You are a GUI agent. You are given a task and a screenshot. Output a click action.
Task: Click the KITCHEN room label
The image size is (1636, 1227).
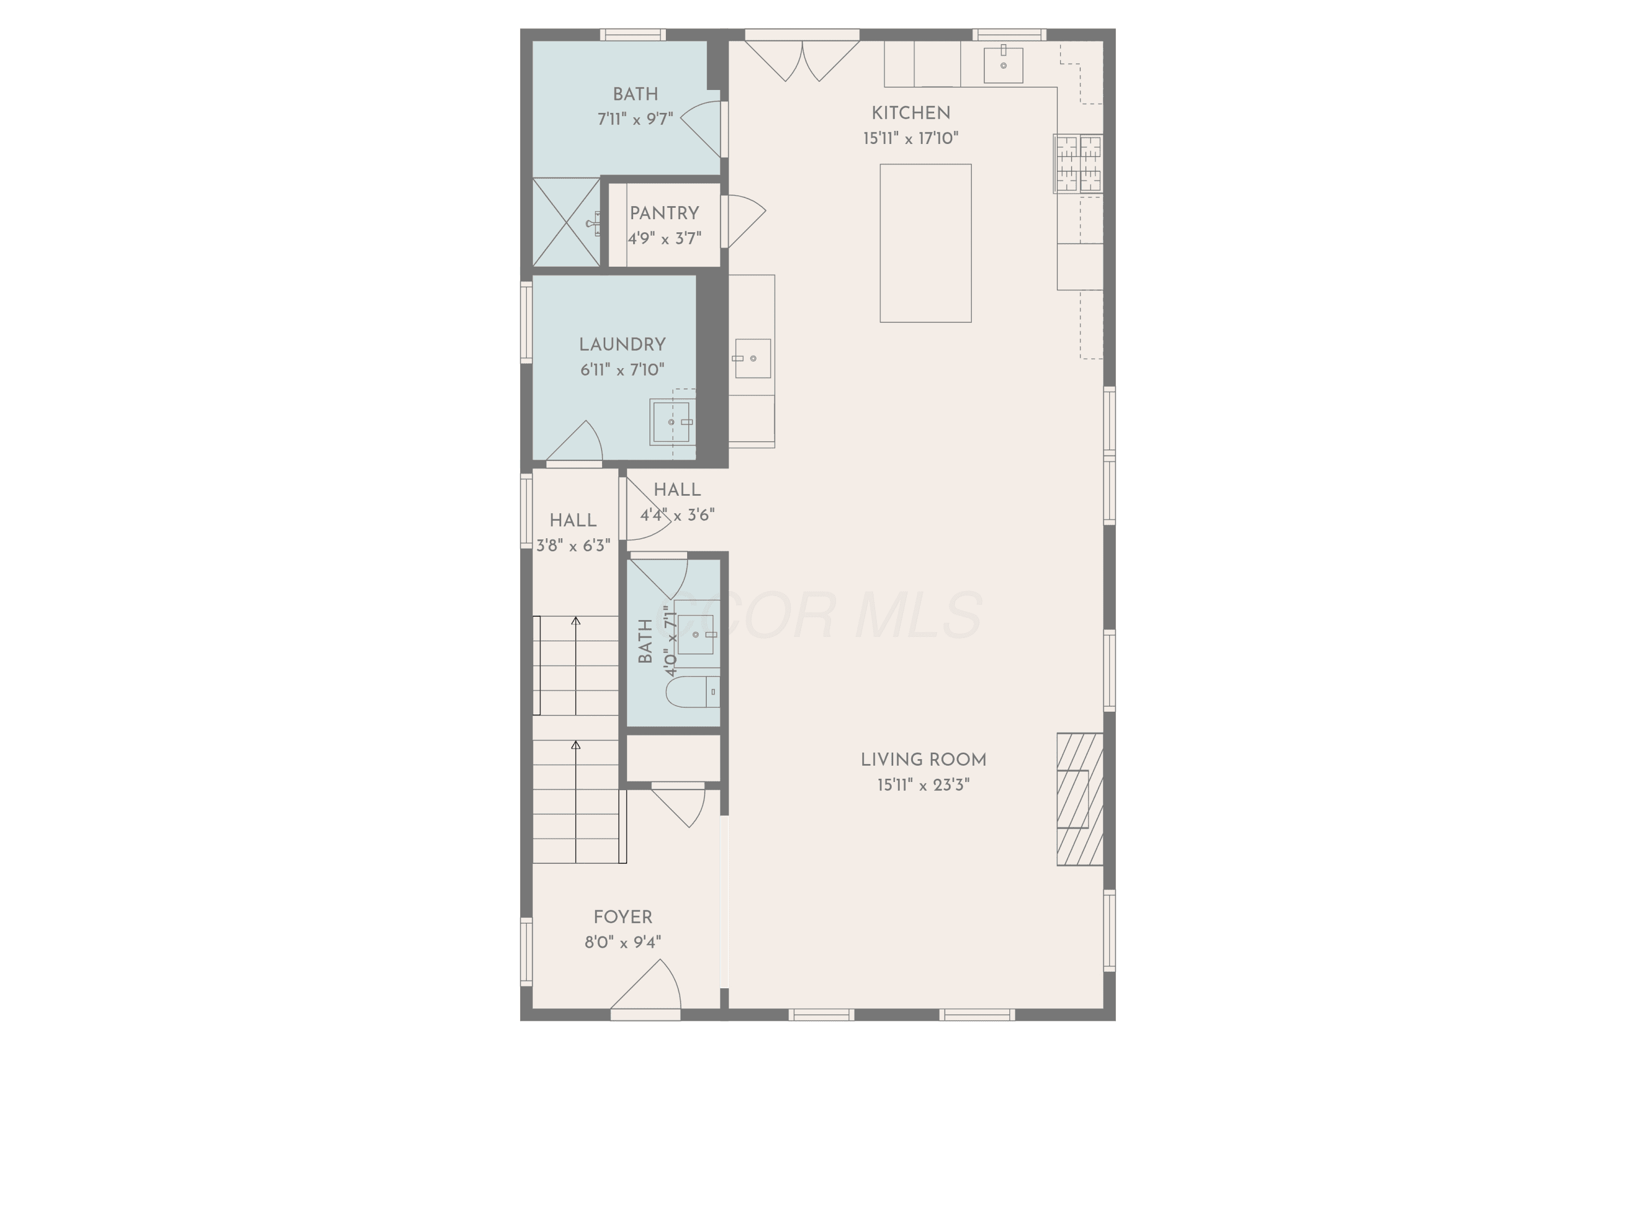[x=911, y=113]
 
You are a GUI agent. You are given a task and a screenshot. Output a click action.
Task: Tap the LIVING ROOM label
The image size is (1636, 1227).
[x=923, y=760]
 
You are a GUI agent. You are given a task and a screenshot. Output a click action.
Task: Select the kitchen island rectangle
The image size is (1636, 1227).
[x=925, y=243]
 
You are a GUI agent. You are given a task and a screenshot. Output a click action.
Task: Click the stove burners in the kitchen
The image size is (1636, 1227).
[x=1078, y=164]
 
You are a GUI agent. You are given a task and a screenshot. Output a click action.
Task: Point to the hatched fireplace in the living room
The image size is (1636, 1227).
[x=1080, y=799]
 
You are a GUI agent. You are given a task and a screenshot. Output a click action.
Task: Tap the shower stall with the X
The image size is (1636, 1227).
[x=567, y=222]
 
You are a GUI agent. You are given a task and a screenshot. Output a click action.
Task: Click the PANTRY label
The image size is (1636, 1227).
[x=664, y=213]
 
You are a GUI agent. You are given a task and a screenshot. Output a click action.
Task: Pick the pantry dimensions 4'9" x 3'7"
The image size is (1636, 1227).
[x=664, y=238]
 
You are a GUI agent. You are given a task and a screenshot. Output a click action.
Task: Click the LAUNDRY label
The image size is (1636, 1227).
[x=622, y=345]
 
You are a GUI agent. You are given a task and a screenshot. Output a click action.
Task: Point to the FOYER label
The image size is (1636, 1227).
[x=623, y=917]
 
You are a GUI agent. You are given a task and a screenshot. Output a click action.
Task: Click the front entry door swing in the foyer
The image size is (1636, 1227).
[x=646, y=985]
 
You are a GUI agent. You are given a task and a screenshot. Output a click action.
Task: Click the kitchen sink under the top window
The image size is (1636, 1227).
[x=1003, y=64]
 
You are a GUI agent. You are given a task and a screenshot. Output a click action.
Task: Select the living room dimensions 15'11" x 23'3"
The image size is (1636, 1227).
[x=923, y=785]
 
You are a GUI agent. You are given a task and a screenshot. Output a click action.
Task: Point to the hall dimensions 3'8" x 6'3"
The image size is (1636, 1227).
[x=573, y=546]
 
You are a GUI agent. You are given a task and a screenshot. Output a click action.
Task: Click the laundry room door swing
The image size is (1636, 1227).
[x=575, y=442]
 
